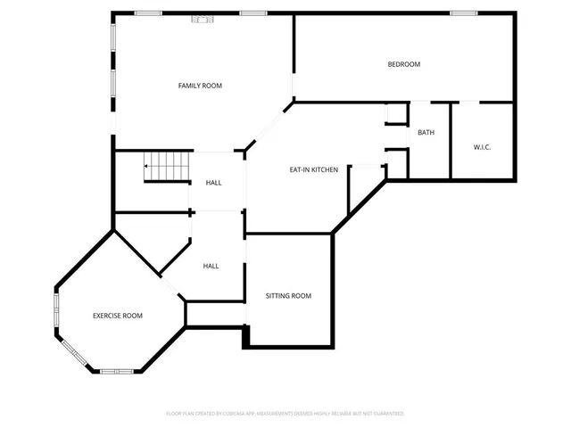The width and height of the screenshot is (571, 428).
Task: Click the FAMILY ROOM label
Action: pos(200,86)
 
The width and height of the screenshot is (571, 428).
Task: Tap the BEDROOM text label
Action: pos(403,64)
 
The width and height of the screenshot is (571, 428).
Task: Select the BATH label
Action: pos(426,133)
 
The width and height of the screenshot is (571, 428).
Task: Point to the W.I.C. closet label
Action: pos(482,147)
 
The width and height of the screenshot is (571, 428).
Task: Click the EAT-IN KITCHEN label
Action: pos(313,169)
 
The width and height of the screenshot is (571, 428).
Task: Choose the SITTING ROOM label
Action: pos(288,295)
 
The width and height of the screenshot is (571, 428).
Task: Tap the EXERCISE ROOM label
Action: pos(118,316)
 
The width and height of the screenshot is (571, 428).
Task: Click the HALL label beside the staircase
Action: pos(214,183)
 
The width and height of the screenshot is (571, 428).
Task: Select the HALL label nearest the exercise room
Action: pos(211,266)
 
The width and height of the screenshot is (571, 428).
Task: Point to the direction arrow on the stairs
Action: pos(147,166)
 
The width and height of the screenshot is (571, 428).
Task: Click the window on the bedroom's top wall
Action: pos(463,12)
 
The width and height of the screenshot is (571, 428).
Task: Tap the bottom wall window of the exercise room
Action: pos(116,370)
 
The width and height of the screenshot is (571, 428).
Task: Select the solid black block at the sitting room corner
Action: pos(247,337)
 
